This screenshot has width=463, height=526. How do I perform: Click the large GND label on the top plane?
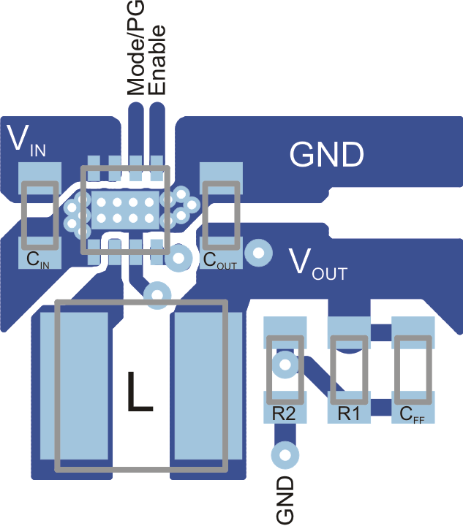[x=326, y=155]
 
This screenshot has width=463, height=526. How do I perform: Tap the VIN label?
[x=27, y=141]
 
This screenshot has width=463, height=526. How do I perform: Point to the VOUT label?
[x=317, y=264]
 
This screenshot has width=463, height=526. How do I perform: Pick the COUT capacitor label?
[x=219, y=260]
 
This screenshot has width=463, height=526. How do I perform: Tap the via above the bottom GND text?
[x=285, y=455]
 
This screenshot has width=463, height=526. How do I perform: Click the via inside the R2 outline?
[x=285, y=363]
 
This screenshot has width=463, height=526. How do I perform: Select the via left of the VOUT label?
[x=257, y=252]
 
